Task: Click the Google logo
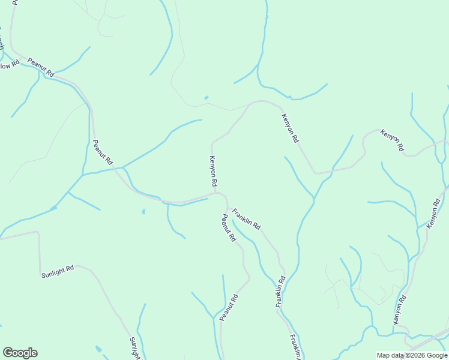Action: coord(20,353)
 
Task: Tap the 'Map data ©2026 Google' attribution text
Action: coord(411,355)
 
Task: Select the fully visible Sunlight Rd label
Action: coord(58,271)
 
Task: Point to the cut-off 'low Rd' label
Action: coord(6,65)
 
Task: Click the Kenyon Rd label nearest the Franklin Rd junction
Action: coord(212,171)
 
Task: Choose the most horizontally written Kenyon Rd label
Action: coord(391,140)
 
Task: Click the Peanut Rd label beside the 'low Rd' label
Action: coord(41,67)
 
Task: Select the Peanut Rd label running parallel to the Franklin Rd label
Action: coord(227,229)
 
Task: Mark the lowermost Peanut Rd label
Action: coord(229,307)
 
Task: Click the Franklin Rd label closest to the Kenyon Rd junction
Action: coord(247,218)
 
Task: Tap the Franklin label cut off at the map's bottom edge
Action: coord(295,347)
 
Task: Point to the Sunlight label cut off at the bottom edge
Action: coord(135,349)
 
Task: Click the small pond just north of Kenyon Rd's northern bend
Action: coord(206,97)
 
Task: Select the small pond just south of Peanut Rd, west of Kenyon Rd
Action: coord(143,211)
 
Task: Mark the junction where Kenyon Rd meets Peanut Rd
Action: coord(215,193)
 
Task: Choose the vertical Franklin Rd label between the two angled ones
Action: coord(280,292)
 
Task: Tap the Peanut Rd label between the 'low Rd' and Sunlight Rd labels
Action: coord(102,152)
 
